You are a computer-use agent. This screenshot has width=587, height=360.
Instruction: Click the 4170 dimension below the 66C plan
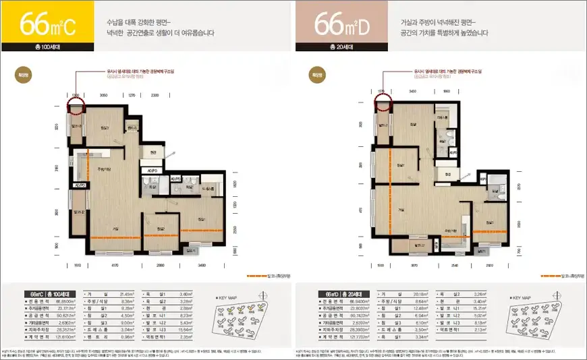point(115,266)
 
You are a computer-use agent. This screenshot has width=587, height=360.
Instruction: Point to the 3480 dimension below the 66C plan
point(202,266)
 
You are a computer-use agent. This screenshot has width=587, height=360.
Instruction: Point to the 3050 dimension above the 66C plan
point(103,96)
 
